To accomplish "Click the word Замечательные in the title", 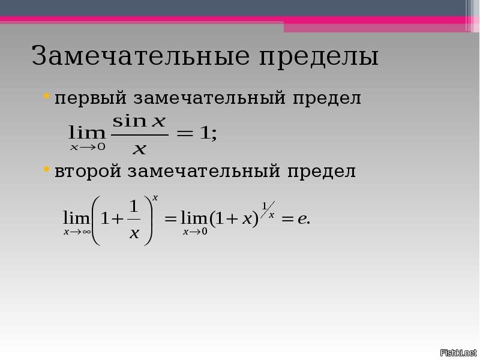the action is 141,56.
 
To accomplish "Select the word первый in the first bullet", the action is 91,98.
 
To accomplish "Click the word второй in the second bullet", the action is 88,172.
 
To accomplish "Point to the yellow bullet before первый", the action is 47,96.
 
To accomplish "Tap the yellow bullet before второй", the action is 47,169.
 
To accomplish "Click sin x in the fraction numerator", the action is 139,121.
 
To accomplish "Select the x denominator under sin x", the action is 140,149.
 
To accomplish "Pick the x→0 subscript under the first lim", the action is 88,147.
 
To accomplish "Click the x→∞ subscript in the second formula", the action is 77,232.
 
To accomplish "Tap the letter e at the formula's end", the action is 302,219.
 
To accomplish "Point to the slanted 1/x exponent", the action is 268,210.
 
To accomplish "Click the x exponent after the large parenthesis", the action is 155,198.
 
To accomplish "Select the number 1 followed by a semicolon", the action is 208,133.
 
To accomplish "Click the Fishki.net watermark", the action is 458,353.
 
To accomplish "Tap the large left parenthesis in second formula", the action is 96,220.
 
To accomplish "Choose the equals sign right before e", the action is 287,219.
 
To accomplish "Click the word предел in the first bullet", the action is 327,98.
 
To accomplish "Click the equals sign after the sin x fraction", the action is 185,134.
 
